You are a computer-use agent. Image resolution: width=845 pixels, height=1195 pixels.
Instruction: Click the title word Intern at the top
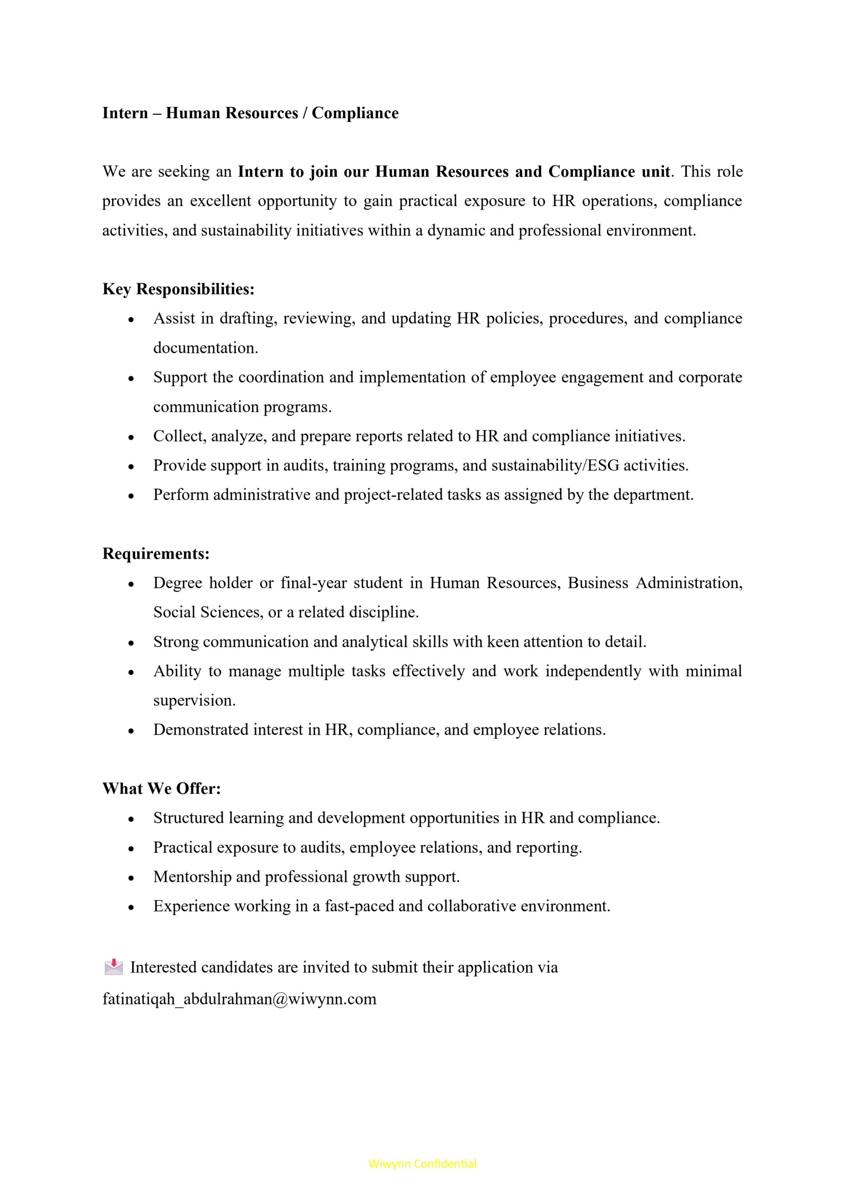pos(125,113)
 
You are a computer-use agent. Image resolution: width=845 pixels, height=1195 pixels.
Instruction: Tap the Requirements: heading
pos(155,553)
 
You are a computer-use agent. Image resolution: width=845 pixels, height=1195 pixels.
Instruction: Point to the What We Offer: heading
pos(162,788)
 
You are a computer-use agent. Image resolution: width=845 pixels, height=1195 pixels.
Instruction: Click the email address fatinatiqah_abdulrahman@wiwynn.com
pos(239,999)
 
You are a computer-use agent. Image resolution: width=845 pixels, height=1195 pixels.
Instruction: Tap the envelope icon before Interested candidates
pos(113,968)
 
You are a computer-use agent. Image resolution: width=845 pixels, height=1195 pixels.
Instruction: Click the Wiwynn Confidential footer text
pos(422,1163)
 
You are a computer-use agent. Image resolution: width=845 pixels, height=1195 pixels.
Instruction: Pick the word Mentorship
pos(192,877)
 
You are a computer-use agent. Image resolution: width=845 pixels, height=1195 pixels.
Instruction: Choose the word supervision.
pos(194,701)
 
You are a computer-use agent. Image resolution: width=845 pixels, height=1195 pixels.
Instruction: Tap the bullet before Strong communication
pos(131,643)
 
